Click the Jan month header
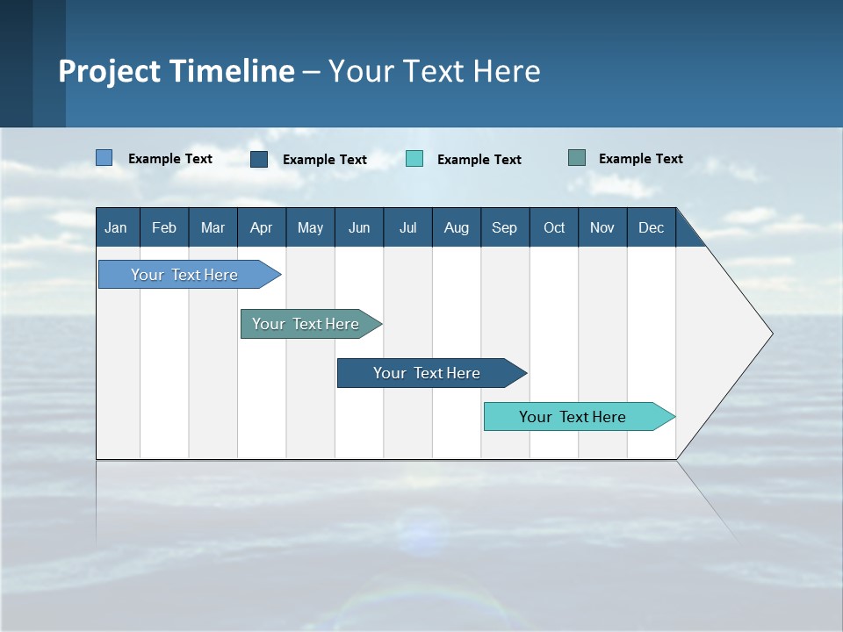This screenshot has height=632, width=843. pos(116,228)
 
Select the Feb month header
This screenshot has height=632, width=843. pos(164,228)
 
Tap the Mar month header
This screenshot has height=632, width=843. pos(213,228)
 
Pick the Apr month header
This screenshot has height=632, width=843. pos(261,228)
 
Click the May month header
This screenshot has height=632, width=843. pos(310,228)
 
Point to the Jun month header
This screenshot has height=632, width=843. pos(359,228)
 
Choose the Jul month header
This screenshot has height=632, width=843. pos(407,228)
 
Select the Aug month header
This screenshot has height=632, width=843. pos(457,228)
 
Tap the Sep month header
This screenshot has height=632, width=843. pos(505,228)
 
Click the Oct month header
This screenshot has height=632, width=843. pos(554,228)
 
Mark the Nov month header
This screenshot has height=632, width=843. pos(602,228)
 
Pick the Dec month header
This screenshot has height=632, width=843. pos(652,228)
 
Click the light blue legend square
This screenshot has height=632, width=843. pos(104,158)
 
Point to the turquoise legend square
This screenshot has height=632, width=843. pos(414,159)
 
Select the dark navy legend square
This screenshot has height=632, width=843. pos(259,159)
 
